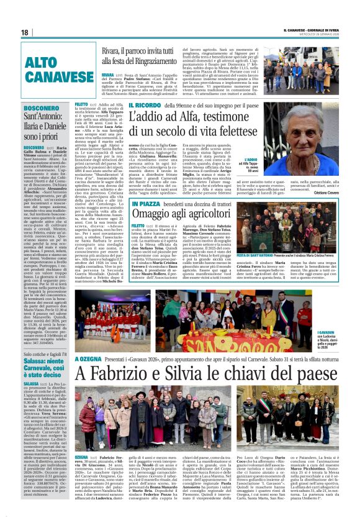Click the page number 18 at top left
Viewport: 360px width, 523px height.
point(25,32)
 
